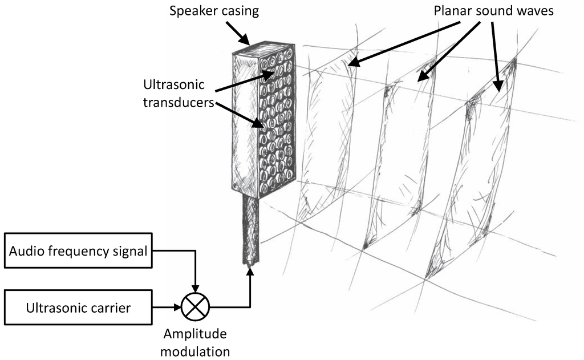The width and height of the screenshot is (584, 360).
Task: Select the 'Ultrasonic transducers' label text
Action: coord(179,95)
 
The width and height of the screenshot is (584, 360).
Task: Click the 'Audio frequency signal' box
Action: coord(78,249)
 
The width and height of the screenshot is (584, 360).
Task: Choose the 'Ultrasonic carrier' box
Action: coord(78,308)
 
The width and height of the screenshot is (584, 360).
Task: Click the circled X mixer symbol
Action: coord(195,308)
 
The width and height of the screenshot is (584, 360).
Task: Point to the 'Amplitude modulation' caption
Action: coord(195,341)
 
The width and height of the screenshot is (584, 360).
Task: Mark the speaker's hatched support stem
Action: coord(251,228)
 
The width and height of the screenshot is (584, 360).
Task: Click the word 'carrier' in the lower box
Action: coord(109,308)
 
